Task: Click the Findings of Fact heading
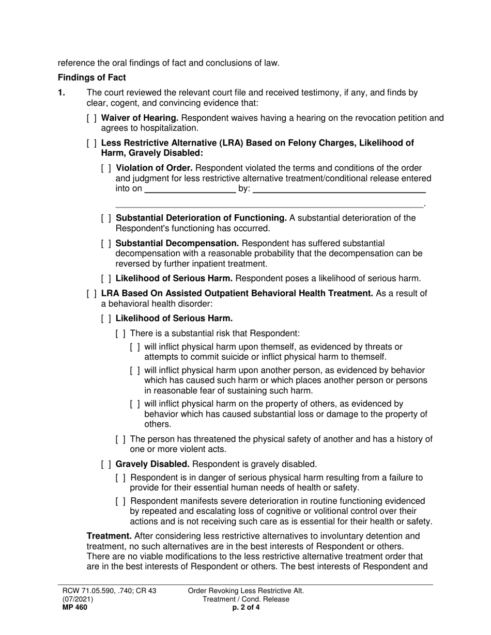(91, 77)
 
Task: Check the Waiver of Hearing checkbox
(92, 118)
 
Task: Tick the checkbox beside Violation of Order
(106, 168)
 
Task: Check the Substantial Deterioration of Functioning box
(106, 218)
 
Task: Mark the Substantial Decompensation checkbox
(106, 243)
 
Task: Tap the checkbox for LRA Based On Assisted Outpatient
(92, 294)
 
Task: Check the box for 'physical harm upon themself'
(135, 347)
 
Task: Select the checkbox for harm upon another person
(135, 371)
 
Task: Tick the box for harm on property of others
(135, 404)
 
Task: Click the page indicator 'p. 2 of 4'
(245, 608)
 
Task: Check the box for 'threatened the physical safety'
(120, 439)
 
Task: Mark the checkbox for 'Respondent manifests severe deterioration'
(120, 501)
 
